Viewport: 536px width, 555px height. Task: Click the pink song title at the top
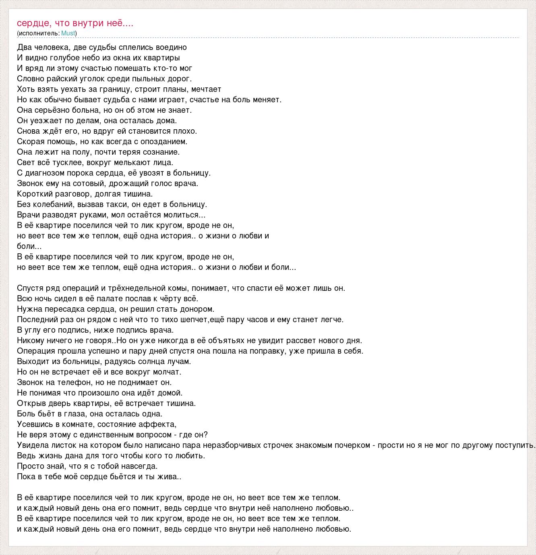point(75,23)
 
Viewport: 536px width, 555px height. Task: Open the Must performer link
point(68,33)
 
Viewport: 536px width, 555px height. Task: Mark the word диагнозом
point(43,173)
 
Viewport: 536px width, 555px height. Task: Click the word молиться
point(185,215)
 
